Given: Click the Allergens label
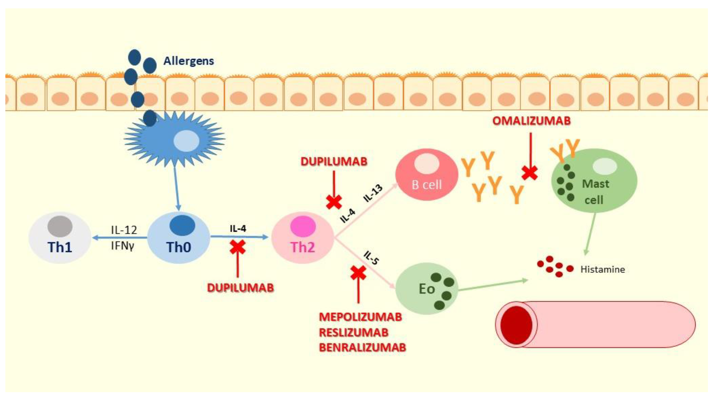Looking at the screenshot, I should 188,61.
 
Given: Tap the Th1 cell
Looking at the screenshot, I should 60,238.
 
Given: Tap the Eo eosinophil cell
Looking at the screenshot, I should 427,289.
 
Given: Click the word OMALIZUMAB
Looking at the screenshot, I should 531,121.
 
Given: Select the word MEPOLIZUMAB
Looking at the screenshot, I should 360,317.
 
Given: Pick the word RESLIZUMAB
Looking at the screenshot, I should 353,332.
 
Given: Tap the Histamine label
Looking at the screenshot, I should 602,269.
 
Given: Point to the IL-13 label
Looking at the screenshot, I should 373,193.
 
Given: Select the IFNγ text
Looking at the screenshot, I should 122,246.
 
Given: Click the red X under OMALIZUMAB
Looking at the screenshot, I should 529,173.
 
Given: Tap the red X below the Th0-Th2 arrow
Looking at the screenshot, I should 237,247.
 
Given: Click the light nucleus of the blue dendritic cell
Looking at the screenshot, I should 186,141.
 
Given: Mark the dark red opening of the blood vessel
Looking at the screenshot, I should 516,325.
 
